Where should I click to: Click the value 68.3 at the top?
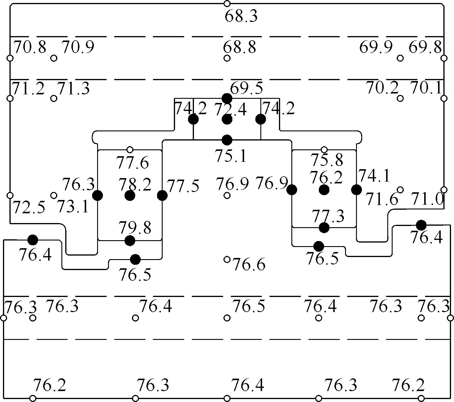point(241,16)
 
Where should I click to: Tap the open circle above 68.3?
point(227,4)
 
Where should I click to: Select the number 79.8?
point(135,228)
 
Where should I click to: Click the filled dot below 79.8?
point(130,240)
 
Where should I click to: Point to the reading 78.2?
point(135,185)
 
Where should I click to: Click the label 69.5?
point(246,88)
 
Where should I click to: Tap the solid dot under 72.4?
point(227,120)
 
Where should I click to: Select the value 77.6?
point(132,163)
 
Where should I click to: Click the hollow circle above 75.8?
point(324,150)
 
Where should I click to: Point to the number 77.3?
point(328,216)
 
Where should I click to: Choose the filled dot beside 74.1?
point(356,190)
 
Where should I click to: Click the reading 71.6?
point(382,199)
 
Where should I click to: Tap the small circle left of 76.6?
point(227,259)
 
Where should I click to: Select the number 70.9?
point(78,47)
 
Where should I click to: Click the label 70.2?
point(382,88)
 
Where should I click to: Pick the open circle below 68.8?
point(227,58)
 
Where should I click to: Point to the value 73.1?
point(73,206)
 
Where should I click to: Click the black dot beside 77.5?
point(162,195)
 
